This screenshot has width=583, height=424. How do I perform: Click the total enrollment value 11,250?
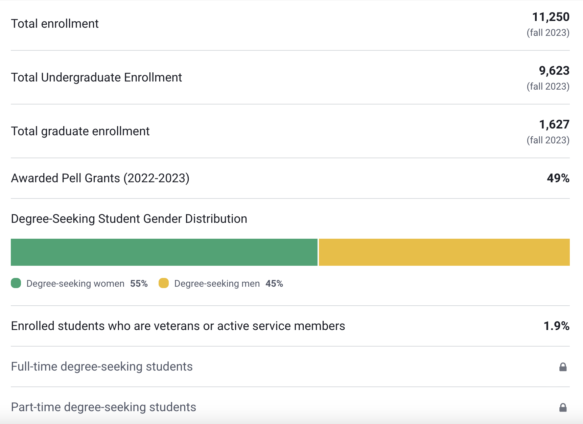coord(551,17)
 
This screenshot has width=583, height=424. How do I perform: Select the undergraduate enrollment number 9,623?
coord(554,71)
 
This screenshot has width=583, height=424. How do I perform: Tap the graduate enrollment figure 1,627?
coord(554,124)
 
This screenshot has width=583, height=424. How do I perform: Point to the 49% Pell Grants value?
coord(558,178)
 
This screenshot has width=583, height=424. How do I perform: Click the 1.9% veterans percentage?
coord(556,326)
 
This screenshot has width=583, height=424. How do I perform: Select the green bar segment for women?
coord(164,252)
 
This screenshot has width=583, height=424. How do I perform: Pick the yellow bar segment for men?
coord(444,252)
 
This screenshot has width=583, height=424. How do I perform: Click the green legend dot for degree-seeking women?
coord(16,283)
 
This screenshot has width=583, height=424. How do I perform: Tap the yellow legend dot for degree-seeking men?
coord(164,283)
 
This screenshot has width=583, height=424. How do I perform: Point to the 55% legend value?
coord(139,283)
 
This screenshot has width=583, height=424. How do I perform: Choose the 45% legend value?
coord(274,283)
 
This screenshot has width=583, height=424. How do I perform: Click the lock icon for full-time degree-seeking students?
coord(563,367)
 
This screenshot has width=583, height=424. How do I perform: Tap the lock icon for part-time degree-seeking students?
coord(563,407)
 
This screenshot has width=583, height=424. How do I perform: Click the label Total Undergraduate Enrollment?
coord(96,77)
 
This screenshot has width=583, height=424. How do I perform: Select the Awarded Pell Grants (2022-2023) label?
coord(100,178)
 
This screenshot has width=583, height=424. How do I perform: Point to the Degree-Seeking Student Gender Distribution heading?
coord(129,219)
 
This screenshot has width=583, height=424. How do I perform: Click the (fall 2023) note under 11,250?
coord(548,33)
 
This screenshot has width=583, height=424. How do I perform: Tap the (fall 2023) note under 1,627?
coord(548,140)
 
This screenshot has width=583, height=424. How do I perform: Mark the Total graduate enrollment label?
coord(80,131)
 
